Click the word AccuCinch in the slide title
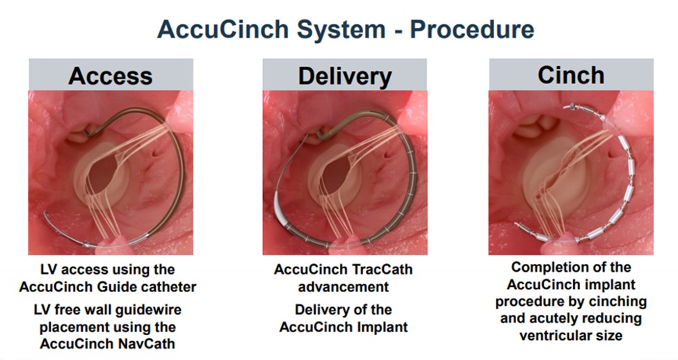point(223,29)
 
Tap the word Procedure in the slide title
point(471,29)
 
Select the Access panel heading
point(111,76)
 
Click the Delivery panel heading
point(345,76)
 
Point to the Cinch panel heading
point(571,75)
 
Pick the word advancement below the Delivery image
point(344,287)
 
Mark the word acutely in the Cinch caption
point(555,318)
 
